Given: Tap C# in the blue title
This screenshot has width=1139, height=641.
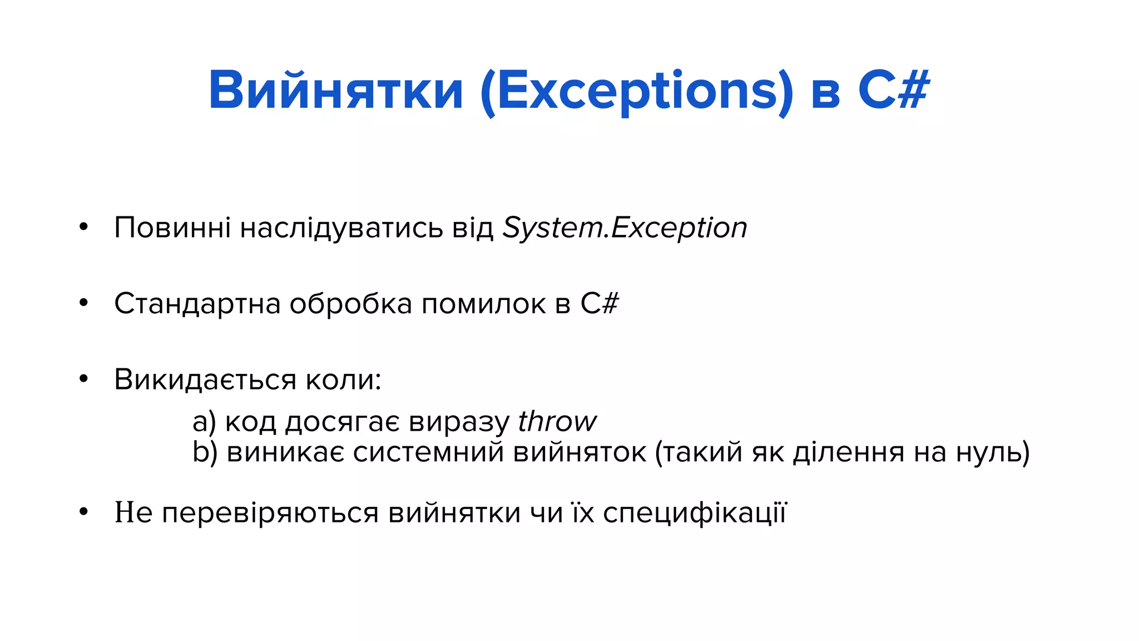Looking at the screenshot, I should tap(893, 90).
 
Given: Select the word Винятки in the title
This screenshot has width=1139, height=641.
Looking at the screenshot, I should tap(336, 90).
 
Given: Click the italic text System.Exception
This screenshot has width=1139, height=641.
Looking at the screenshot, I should tap(625, 228).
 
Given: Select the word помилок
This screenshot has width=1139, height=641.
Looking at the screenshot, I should tap(483, 304).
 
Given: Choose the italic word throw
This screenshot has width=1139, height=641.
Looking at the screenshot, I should tap(557, 421).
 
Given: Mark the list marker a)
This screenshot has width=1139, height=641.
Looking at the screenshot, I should tap(204, 422).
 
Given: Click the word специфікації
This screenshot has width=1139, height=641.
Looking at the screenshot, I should tap(695, 512).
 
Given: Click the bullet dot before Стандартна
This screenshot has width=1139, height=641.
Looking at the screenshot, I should tap(83, 303).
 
